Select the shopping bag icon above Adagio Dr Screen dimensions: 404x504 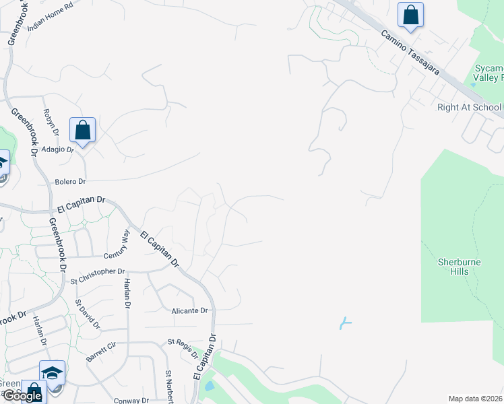[82, 130]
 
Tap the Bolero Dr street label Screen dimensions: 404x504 [71, 182]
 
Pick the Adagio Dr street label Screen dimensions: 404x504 [57, 149]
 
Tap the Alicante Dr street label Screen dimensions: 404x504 [189, 310]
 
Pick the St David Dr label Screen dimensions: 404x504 [88, 314]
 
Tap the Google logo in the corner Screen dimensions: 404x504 [22, 397]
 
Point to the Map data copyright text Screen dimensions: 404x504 [475, 399]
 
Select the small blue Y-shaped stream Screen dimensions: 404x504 [345, 323]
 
